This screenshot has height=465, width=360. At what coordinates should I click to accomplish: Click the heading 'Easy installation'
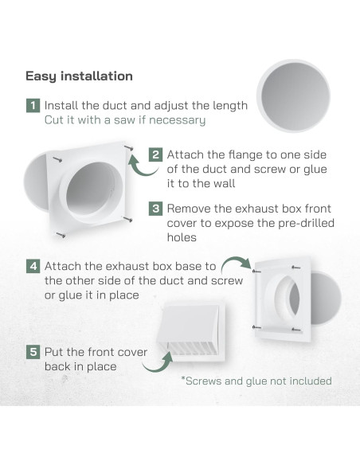[x=79, y=76]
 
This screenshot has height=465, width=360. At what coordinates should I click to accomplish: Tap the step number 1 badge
[x=33, y=105]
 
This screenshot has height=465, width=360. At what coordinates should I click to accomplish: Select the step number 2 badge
[x=156, y=154]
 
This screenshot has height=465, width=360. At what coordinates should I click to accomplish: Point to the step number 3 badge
[x=156, y=209]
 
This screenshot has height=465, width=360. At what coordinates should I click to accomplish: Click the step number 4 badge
[x=33, y=266]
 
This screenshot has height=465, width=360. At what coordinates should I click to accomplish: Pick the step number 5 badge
[x=33, y=350]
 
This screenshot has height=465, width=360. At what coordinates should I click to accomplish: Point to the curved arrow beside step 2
[x=143, y=166]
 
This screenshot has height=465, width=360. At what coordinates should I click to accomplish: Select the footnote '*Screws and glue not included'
[x=256, y=381]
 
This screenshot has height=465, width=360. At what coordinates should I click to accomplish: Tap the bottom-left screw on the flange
[x=61, y=233]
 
